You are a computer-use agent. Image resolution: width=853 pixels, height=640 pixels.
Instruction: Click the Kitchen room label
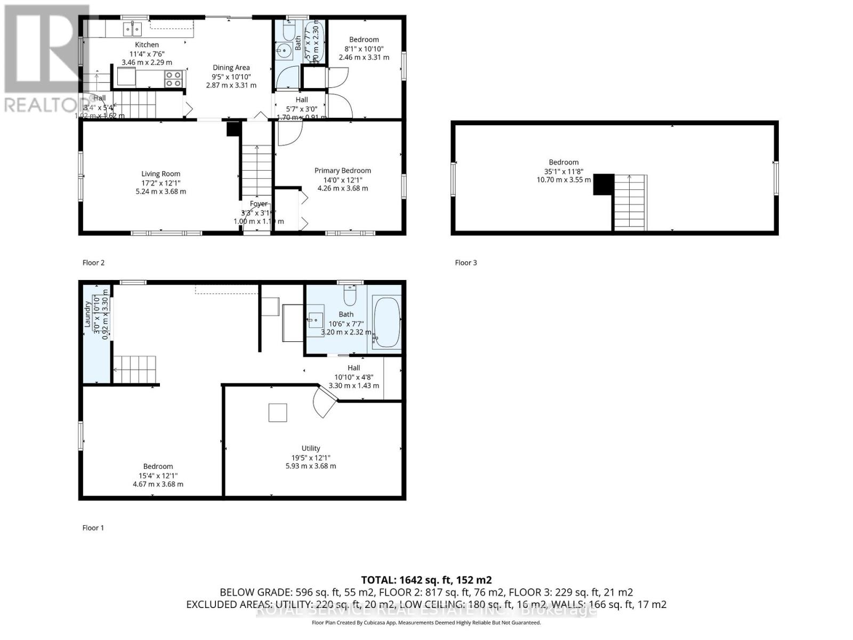[147, 45]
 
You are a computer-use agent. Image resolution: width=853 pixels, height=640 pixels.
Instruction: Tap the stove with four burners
[173, 79]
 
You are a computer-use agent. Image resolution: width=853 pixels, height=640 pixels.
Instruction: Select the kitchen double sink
[132, 28]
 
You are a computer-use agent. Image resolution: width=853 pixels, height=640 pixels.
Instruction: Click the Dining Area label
[231, 68]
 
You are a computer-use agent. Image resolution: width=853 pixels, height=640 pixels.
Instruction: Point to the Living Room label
[160, 174]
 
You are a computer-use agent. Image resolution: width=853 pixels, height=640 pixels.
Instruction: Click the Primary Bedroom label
[342, 171]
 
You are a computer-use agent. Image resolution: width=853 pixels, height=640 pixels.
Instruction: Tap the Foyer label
[259, 204]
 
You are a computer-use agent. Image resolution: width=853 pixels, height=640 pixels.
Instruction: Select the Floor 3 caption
[465, 262]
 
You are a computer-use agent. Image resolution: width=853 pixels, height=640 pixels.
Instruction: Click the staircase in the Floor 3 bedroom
[630, 203]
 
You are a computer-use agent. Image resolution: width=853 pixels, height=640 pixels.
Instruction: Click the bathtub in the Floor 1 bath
[386, 322]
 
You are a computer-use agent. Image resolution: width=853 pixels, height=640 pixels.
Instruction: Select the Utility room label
[311, 449]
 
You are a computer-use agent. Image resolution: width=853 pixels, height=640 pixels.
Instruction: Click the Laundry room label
[88, 314]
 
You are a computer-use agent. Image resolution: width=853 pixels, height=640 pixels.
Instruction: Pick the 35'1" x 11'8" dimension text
[564, 171]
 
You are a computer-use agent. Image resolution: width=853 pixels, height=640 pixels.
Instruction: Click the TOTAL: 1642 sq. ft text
[426, 580]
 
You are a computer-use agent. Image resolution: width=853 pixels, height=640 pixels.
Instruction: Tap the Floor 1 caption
[93, 527]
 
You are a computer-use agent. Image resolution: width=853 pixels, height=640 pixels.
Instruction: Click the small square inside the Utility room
[277, 413]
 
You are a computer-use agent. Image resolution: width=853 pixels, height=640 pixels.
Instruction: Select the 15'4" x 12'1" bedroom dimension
[158, 476]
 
